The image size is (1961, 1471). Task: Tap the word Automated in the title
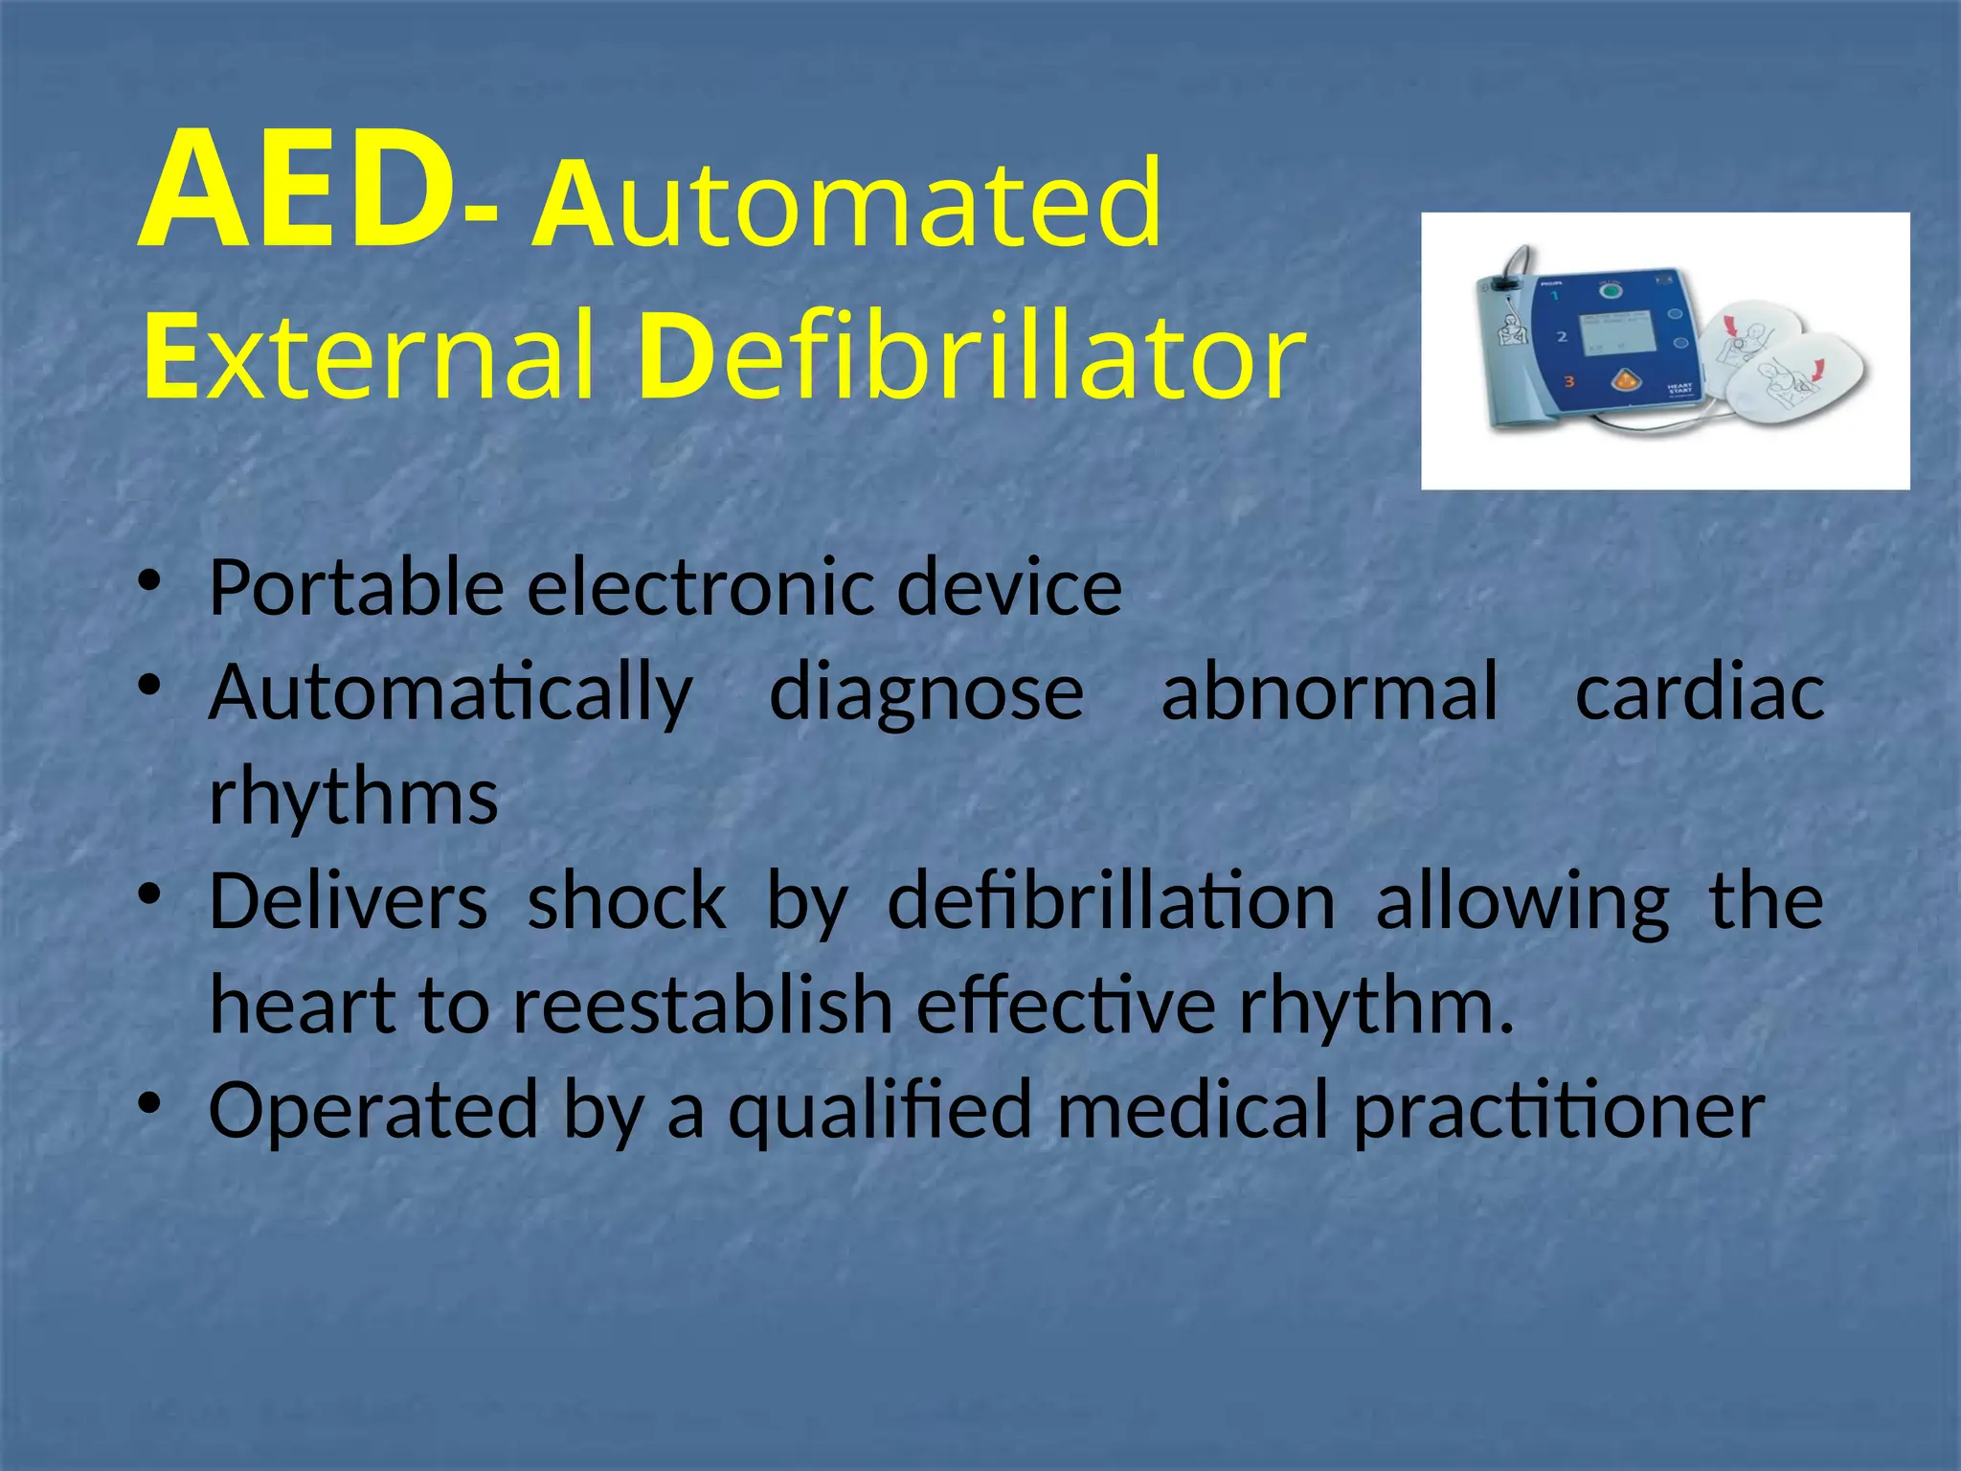click(848, 203)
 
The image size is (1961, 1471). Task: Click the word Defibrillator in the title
click(971, 360)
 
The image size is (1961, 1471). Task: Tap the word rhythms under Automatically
click(353, 797)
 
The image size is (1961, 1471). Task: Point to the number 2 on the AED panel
click(1562, 337)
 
